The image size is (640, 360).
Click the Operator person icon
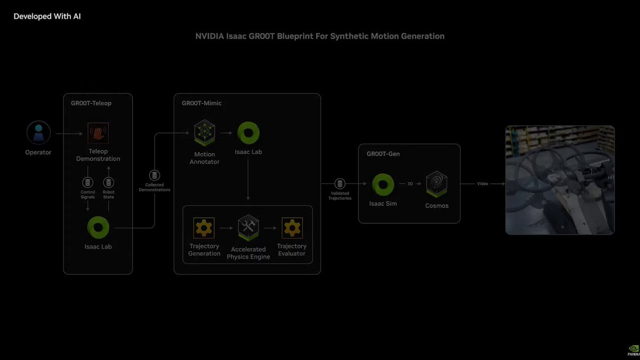click(x=38, y=133)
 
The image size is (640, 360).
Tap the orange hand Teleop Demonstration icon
click(x=98, y=133)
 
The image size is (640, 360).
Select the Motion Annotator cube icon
click(x=205, y=133)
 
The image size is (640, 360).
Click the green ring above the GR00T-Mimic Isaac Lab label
click(x=249, y=133)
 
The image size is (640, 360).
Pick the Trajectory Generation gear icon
click(x=204, y=228)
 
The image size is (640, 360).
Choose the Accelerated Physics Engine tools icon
click(x=249, y=228)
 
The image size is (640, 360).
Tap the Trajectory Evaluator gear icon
click(x=292, y=228)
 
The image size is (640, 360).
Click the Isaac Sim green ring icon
click(x=383, y=185)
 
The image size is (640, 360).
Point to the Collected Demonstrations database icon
click(x=155, y=175)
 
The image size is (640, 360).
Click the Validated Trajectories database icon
click(x=340, y=183)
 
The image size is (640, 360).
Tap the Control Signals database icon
click(x=87, y=182)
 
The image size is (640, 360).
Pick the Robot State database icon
click(x=109, y=182)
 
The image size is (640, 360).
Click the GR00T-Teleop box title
click(x=91, y=103)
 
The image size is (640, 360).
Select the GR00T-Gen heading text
click(x=383, y=154)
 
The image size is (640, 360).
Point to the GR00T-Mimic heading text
click(x=202, y=103)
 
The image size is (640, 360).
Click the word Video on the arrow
click(x=483, y=183)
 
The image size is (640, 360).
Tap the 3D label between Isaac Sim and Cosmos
click(x=410, y=183)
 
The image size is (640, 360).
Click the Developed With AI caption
click(x=47, y=17)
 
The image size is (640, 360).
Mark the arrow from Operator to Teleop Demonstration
click(x=69, y=133)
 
